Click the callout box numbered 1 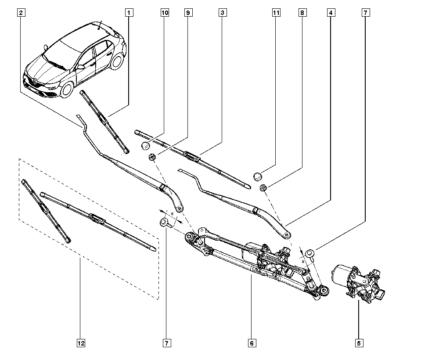[x=129, y=13]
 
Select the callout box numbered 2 [x=21, y=13]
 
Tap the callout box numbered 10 [x=165, y=13]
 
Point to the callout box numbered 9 [x=188, y=13]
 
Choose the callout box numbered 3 [x=222, y=13]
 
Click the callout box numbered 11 [x=276, y=13]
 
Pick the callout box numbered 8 [x=302, y=13]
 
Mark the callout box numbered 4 [x=331, y=13]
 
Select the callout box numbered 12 [x=81, y=343]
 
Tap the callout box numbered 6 [x=252, y=343]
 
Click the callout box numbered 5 [x=359, y=343]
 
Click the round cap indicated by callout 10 [x=145, y=146]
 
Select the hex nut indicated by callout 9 [x=152, y=157]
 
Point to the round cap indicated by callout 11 [x=258, y=176]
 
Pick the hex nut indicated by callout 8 [x=263, y=187]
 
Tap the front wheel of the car [x=67, y=90]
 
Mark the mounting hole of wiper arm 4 [x=287, y=235]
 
